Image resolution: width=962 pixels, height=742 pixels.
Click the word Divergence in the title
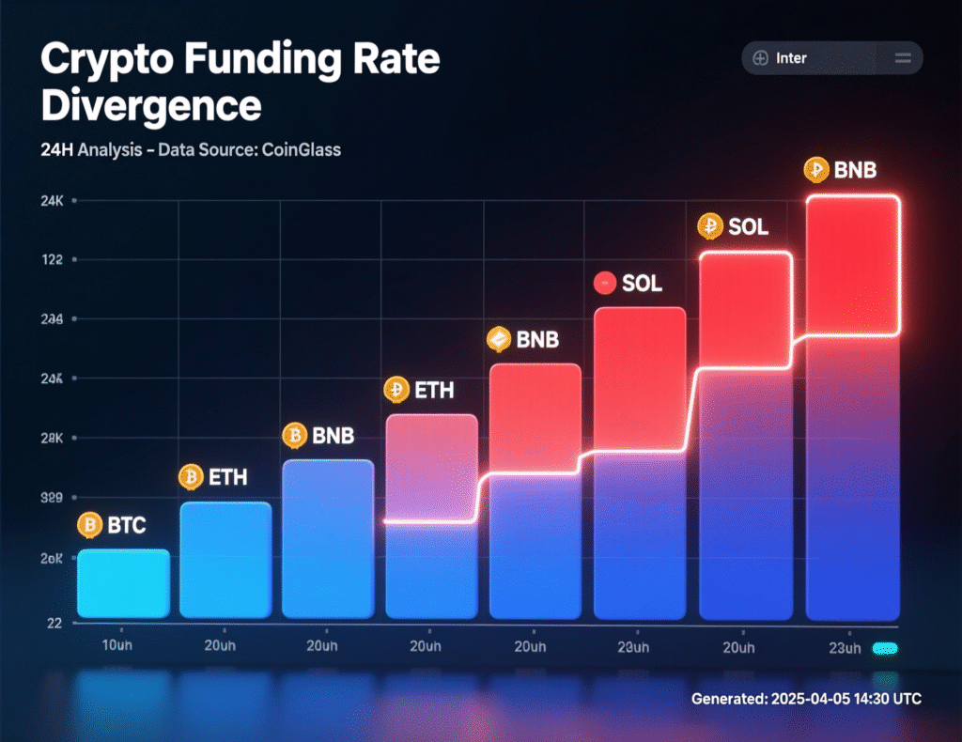click(150, 106)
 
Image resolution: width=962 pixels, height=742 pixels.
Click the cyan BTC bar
click(123, 584)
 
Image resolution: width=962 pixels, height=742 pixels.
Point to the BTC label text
click(127, 526)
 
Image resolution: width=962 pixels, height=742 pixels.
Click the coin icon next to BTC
click(90, 525)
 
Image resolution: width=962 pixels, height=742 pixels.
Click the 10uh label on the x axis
click(119, 648)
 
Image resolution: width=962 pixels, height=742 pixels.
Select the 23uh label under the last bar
click(845, 649)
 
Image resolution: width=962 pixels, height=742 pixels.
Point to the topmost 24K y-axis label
click(52, 200)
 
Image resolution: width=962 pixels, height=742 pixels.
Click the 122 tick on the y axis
click(52, 260)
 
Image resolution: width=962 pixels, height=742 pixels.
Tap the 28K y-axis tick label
click(52, 439)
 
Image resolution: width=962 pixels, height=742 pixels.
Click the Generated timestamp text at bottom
click(806, 699)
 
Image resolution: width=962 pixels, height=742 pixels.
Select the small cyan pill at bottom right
click(885, 648)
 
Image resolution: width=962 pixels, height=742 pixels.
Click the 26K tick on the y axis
click(52, 558)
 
